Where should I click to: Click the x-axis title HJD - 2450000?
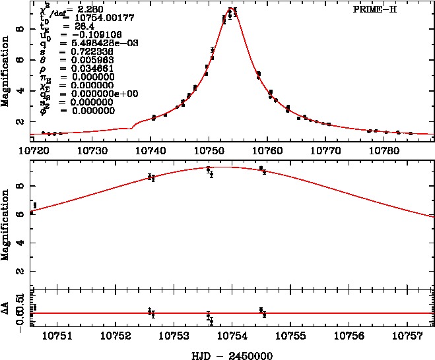[226, 354]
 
